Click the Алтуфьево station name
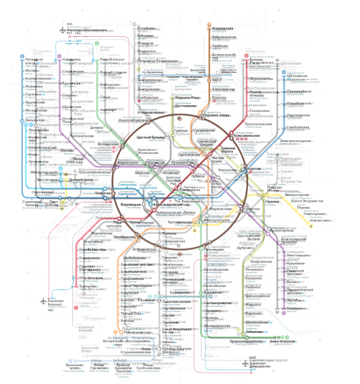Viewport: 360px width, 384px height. pos(148,28)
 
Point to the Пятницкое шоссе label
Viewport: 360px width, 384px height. pos(34,61)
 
